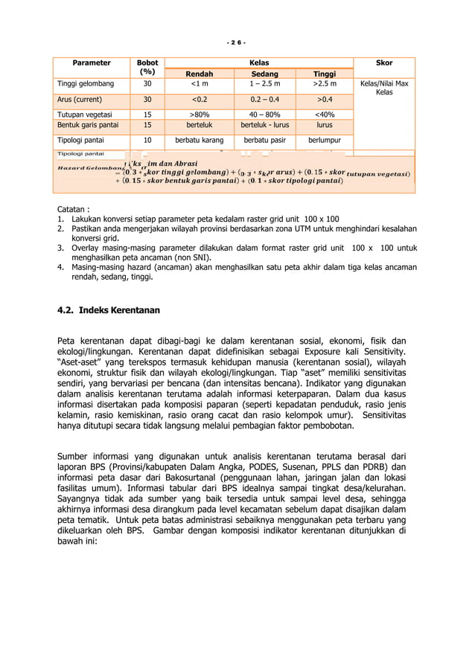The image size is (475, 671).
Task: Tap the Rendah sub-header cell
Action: tap(200, 74)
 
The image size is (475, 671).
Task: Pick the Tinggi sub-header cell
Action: tap(324, 74)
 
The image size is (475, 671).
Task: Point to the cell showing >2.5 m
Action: tap(324, 86)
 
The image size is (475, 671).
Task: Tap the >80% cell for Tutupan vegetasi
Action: tap(200, 114)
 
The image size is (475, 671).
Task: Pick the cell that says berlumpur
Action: tap(324, 139)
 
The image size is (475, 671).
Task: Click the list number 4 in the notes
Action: tap(60, 266)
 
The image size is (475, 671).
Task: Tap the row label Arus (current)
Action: tap(78, 99)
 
